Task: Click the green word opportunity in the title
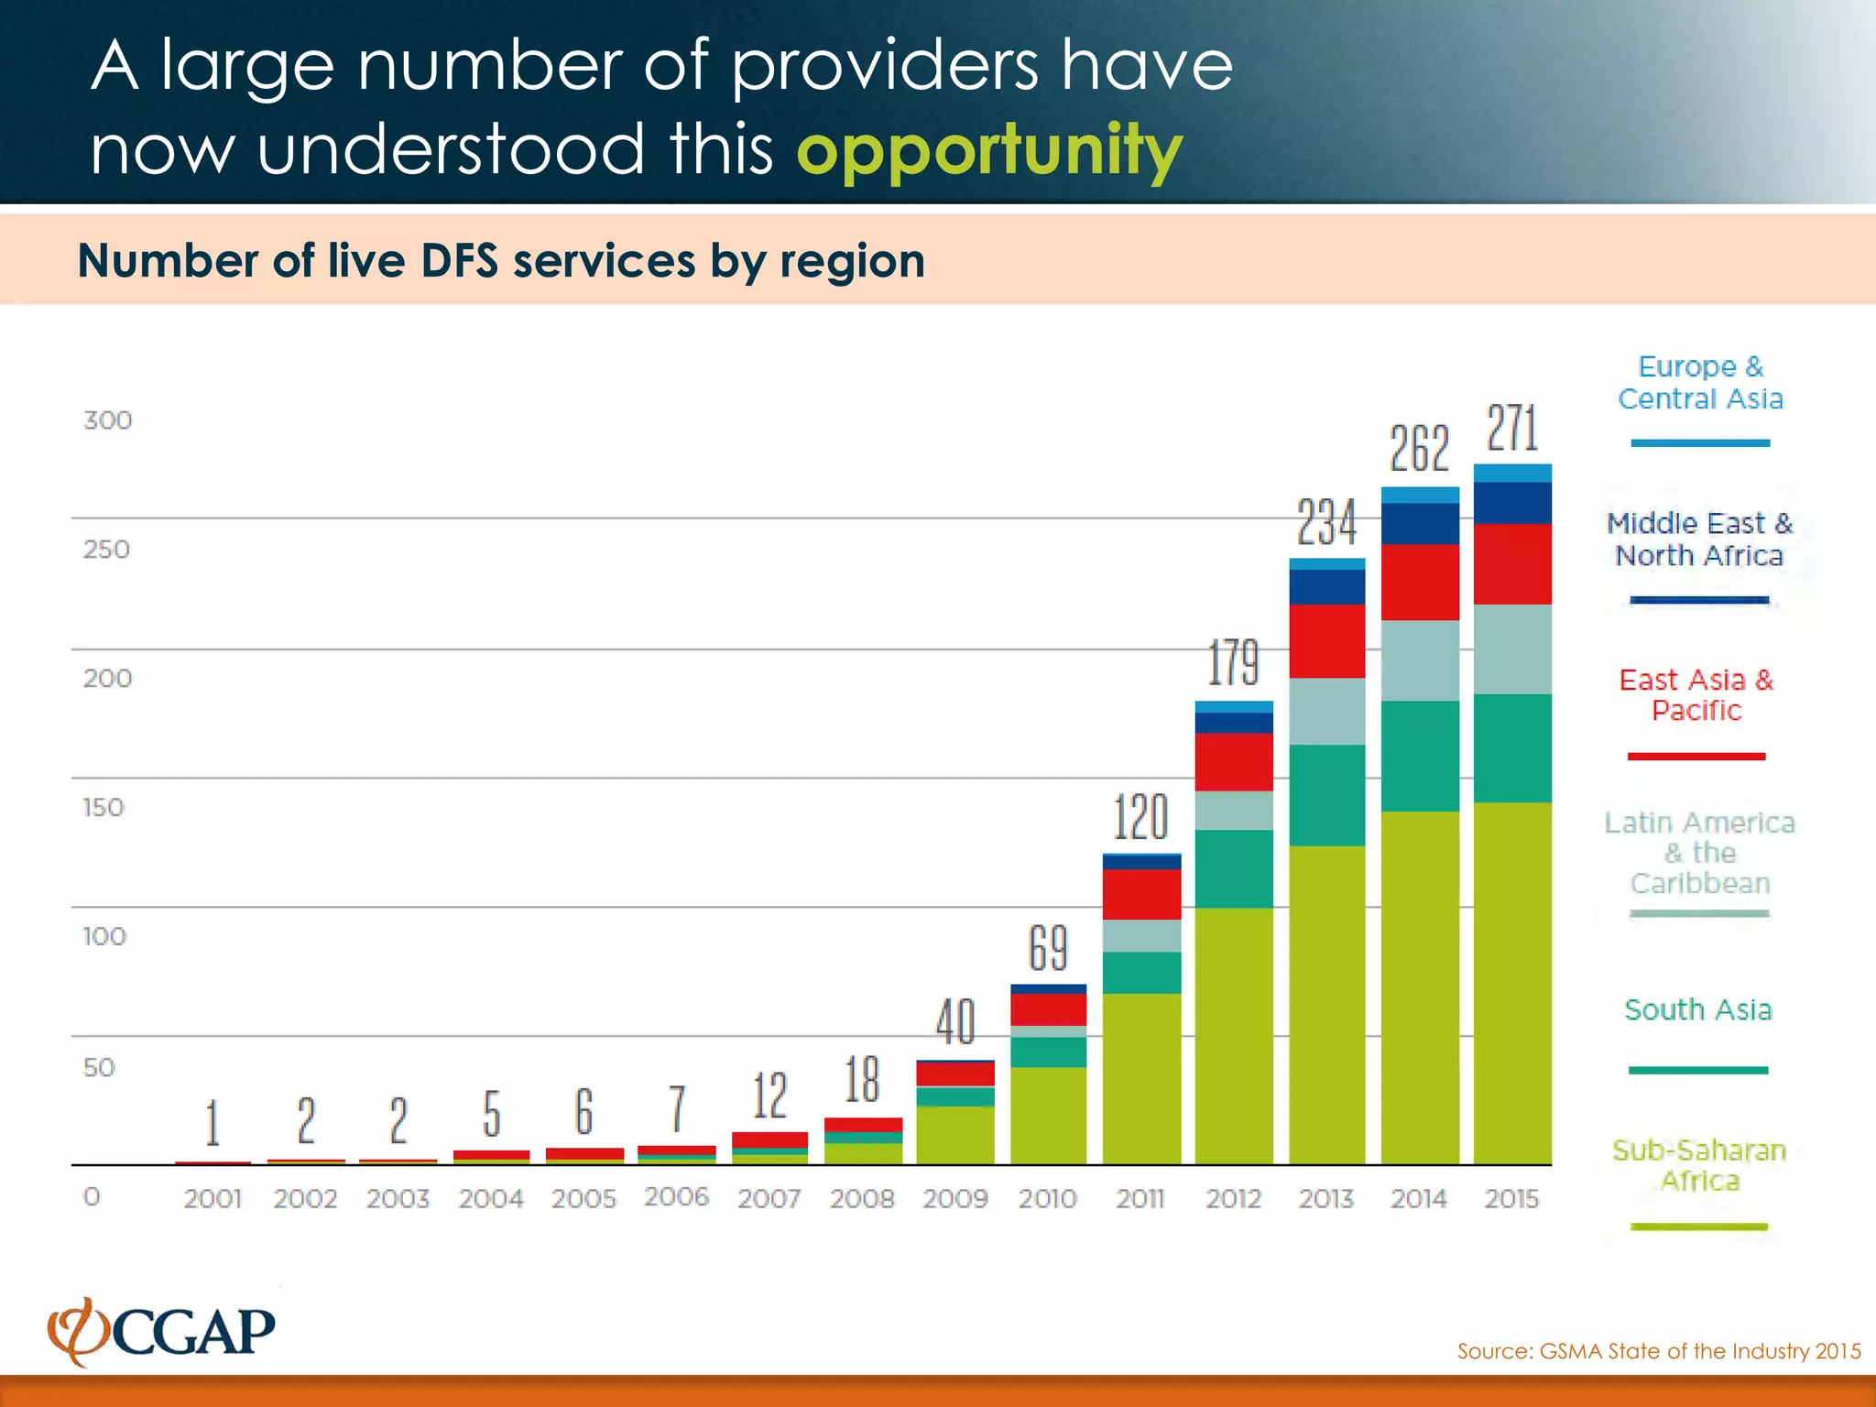tap(989, 151)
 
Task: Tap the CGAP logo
tap(163, 1331)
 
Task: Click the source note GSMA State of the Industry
tap(1658, 1351)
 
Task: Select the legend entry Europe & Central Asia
tap(1700, 383)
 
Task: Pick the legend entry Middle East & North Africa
tap(1699, 540)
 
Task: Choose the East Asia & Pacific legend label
tap(1696, 695)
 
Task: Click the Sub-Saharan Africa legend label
tap(1699, 1165)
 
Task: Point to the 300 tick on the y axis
tap(108, 420)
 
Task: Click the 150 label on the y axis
tap(104, 808)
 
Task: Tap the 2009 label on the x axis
tap(954, 1198)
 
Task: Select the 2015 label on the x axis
tap(1511, 1198)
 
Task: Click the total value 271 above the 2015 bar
tap(1512, 429)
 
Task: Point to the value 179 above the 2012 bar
tap(1234, 662)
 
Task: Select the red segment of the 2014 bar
tap(1420, 582)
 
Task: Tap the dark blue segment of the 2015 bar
tap(1512, 502)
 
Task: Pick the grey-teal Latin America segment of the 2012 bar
tap(1234, 810)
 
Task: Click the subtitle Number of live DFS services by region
tap(501, 261)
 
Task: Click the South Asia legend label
tap(1698, 1009)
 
